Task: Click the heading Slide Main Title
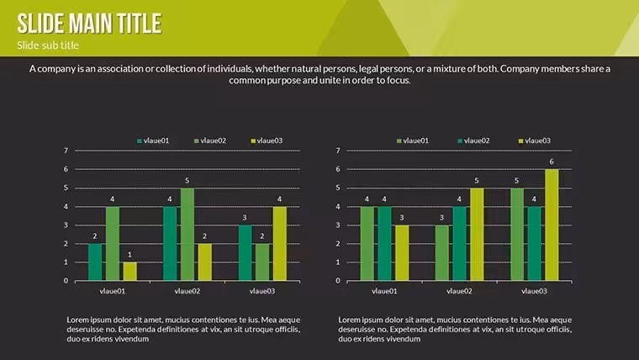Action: (89, 24)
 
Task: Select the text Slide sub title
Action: (48, 45)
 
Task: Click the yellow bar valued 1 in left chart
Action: (130, 272)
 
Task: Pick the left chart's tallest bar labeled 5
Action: (187, 235)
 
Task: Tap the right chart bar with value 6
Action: (552, 225)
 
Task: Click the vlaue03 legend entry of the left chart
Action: (267, 140)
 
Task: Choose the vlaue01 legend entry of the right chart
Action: (413, 140)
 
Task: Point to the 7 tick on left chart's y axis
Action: (66, 151)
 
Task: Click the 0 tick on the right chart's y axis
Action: (338, 280)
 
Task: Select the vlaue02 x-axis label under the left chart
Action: (187, 291)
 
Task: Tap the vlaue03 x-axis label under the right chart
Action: (534, 291)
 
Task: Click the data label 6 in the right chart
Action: (552, 161)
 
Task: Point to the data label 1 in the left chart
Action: (130, 255)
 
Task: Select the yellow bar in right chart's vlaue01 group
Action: (402, 253)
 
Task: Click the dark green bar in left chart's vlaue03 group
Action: (246, 253)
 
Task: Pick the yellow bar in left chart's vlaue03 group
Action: (279, 244)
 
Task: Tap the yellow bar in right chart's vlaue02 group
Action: (477, 235)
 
